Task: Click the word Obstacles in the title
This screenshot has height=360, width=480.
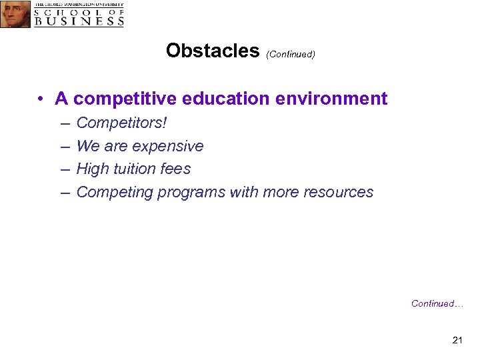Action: (x=213, y=51)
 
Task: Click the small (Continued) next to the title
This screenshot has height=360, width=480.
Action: (x=290, y=54)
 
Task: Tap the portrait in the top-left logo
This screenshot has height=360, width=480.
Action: (x=15, y=14)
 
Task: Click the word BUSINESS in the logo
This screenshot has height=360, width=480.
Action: (x=79, y=21)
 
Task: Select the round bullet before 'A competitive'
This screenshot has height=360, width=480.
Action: (x=41, y=99)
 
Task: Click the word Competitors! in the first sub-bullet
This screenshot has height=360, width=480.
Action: (x=122, y=123)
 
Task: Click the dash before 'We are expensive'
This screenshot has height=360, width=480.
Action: (x=64, y=147)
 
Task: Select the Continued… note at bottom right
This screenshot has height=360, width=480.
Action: (x=437, y=303)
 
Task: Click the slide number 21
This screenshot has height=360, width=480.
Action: (x=457, y=341)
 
